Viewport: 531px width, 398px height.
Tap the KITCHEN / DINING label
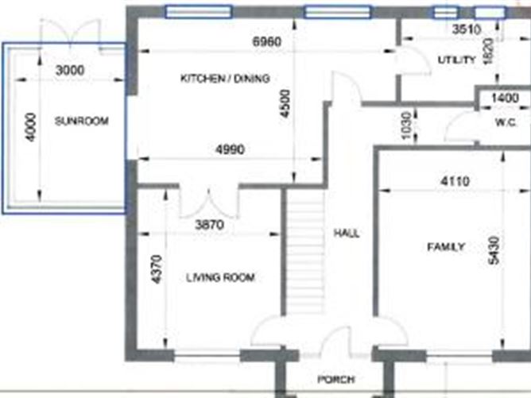(x=225, y=79)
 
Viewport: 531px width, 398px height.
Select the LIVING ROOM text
(x=220, y=277)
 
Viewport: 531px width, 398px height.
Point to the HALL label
(x=347, y=234)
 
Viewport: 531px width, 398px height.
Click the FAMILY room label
(x=445, y=247)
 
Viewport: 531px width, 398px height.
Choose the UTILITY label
(x=456, y=60)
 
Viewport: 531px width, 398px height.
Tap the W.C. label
(x=506, y=122)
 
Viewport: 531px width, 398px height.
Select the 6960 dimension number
(x=266, y=42)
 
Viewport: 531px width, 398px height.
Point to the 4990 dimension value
(x=228, y=149)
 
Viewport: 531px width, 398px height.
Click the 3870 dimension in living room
(x=210, y=225)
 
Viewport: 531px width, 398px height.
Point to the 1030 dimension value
(x=407, y=126)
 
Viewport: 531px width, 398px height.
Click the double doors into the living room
(x=207, y=203)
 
